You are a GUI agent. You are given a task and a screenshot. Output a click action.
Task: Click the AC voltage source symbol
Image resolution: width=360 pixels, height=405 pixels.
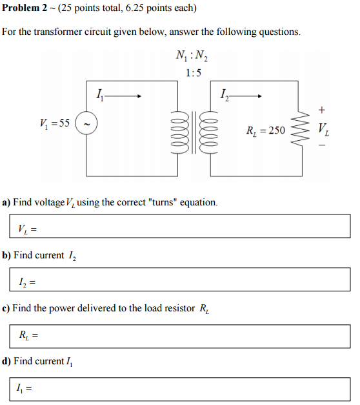pos(86,123)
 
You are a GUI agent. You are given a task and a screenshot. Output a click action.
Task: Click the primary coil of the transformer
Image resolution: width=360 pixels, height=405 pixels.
pos(179,131)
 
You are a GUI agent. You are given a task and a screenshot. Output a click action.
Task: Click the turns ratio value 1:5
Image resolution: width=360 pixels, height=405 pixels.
pos(193,73)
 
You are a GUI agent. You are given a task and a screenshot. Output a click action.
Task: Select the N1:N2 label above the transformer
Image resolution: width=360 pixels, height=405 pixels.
pos(192,57)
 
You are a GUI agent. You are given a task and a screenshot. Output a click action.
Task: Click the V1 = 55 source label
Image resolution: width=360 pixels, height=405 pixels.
pos(55,123)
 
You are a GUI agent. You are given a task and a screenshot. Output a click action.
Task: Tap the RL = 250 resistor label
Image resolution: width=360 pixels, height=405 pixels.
pos(265,130)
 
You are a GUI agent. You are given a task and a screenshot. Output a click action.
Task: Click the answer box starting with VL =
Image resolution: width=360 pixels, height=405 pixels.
pos(180,226)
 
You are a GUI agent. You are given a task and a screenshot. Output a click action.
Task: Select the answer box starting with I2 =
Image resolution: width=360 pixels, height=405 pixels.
pos(180,280)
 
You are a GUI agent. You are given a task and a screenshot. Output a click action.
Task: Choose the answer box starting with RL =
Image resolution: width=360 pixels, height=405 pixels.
pos(180,333)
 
